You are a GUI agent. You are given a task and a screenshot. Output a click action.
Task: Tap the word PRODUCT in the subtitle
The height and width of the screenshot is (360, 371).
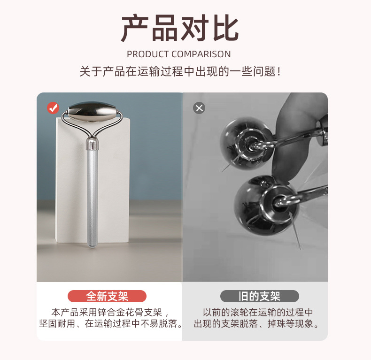click(147, 54)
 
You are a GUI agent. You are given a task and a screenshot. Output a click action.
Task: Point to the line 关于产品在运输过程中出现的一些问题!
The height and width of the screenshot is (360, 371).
click(180, 72)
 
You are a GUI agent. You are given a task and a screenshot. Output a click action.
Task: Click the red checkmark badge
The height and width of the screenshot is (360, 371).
click(53, 108)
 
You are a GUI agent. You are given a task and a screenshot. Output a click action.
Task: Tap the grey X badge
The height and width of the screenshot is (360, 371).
click(199, 108)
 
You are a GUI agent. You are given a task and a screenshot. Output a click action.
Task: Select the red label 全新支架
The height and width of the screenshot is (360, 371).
click(107, 296)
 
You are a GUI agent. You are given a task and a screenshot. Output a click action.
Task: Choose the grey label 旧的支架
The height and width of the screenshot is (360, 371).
click(259, 296)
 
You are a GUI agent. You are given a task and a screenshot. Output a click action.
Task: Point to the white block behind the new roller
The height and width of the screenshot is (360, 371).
click(70, 188)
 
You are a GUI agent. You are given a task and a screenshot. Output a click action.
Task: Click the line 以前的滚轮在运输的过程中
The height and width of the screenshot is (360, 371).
click(258, 312)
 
